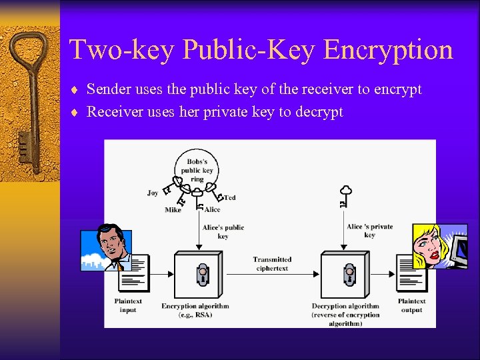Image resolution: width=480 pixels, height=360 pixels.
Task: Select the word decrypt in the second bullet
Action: click(x=319, y=112)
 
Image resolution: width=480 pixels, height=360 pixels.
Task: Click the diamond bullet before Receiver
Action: click(x=77, y=113)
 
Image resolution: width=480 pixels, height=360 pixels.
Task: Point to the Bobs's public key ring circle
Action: click(x=196, y=170)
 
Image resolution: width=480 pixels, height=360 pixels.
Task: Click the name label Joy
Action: click(x=153, y=193)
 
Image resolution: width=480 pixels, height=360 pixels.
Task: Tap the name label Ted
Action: click(x=230, y=197)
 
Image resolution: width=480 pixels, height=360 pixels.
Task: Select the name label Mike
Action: click(x=173, y=210)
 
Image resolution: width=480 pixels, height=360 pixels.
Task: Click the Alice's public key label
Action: click(x=223, y=231)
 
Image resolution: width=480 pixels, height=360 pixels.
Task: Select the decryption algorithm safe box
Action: click(x=346, y=275)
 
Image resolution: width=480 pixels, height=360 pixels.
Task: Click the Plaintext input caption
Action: click(x=127, y=305)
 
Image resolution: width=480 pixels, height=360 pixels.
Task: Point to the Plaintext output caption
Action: click(x=411, y=305)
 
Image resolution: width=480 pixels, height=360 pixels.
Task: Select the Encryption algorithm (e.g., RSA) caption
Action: click(x=195, y=310)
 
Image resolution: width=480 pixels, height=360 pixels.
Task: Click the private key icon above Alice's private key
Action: click(x=345, y=196)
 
